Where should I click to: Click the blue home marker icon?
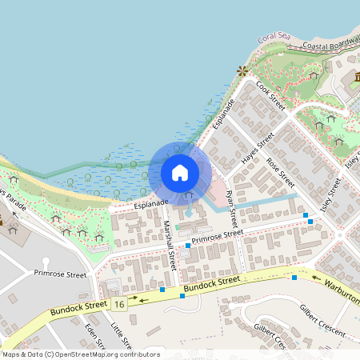coord(180,172)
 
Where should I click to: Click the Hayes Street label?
coord(258,147)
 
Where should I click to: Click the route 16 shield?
coord(119,304)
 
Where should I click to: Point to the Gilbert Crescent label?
coord(323,319)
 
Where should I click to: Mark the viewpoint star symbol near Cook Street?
coord(242,71)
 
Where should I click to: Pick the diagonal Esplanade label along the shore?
coord(223,115)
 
